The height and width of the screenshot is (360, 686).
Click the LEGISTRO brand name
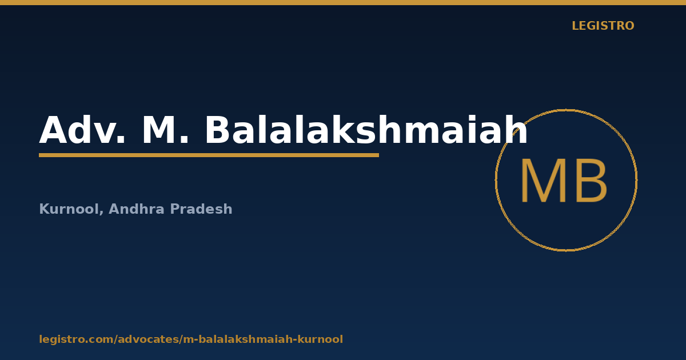pos(603,26)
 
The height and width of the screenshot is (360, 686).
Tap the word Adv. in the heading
pos(82,130)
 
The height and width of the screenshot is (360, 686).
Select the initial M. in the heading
pos(165,130)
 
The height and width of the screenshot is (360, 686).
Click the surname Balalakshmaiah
pos(366,129)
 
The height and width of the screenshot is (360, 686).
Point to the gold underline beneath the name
pos(209,155)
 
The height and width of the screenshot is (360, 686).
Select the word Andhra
pos(137,209)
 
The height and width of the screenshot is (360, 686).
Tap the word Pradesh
pos(201,209)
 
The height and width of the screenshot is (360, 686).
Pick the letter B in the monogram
pos(592,181)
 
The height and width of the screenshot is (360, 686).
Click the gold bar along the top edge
pos(343,2)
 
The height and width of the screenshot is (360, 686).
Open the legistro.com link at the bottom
pos(191,339)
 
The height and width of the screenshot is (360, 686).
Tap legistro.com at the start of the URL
pos(76,339)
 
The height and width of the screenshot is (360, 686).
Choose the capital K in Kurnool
pos(45,209)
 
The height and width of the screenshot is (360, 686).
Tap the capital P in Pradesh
pos(175,209)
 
